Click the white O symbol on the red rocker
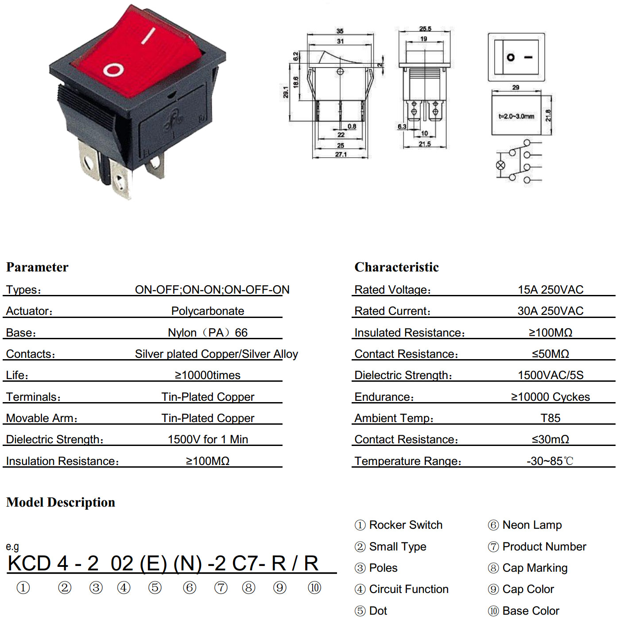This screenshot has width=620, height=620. point(113,70)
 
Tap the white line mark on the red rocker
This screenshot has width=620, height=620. point(148,35)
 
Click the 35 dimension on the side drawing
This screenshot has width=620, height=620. point(340,31)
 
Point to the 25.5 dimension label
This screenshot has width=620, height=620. point(425,29)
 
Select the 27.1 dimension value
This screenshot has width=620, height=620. point(341,155)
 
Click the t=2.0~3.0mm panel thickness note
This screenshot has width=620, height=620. point(516,116)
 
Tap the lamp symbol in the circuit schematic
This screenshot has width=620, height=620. point(500,165)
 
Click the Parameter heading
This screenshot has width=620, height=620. point(37,267)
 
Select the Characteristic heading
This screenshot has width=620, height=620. point(396,267)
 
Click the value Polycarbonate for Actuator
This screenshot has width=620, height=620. point(208,311)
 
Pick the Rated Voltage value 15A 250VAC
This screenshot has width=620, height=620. point(550,290)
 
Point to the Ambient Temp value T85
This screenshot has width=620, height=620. point(550,418)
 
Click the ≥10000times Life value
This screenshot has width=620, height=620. point(208,375)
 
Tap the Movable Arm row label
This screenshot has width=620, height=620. point(42,418)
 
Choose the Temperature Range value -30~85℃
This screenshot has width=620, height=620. point(550,461)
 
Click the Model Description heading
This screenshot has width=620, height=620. point(61,502)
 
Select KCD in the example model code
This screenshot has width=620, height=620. point(29,563)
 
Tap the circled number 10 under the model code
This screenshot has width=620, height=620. point(314,588)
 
